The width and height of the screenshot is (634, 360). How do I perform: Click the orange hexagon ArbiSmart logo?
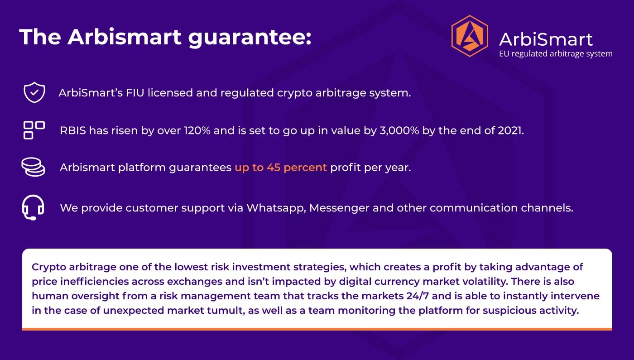pos(470,36)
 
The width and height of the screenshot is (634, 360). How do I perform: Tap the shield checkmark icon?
pos(34,92)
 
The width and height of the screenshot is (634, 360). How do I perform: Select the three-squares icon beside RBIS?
pos(34,130)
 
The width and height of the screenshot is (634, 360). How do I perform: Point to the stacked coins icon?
pos(33,167)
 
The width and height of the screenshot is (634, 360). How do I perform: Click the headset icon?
pos(33,207)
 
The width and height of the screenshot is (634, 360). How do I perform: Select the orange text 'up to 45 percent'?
pos(281,168)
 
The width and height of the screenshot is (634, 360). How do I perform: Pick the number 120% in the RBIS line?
pos(197,130)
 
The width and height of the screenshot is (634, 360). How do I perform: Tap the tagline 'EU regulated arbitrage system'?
pos(556,54)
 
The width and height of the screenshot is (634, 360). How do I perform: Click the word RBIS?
pos(73,130)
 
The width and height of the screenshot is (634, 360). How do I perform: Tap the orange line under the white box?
pos(317,329)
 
